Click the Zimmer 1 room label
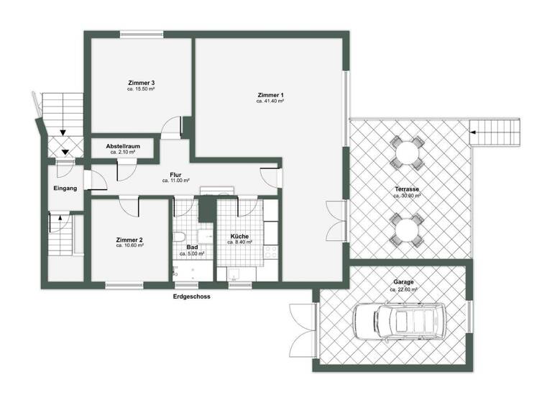click(x=271, y=96)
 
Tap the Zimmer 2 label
click(x=130, y=240)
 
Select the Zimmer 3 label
click(x=142, y=83)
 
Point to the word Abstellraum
click(x=123, y=146)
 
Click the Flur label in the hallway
click(x=175, y=175)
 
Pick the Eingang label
click(x=65, y=189)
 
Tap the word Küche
click(x=239, y=236)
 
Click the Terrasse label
click(x=407, y=189)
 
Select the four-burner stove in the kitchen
click(x=272, y=252)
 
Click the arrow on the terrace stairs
click(x=474, y=132)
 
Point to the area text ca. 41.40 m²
click(x=271, y=102)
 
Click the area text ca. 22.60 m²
click(x=403, y=289)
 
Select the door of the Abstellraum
click(x=125, y=170)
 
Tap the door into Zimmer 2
click(x=129, y=207)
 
